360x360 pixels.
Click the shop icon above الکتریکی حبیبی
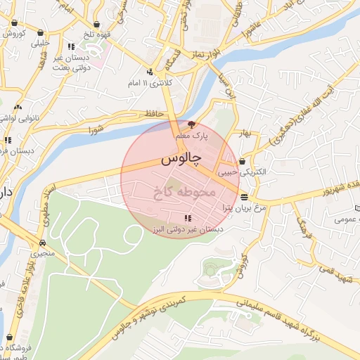click(x=242, y=161)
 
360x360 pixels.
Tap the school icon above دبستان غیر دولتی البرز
click(x=187, y=219)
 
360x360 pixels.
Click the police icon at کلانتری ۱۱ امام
click(x=150, y=72)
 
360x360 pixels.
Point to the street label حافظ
click(x=151, y=114)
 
